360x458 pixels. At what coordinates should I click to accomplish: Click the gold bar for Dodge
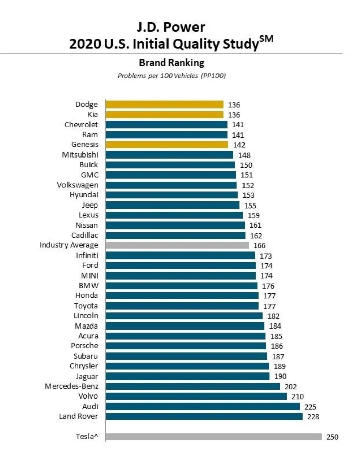click(x=164, y=104)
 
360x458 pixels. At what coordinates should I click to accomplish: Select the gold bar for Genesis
click(x=167, y=145)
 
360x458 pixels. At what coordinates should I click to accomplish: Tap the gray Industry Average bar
click(x=177, y=245)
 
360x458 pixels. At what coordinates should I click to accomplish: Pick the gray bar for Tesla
click(x=213, y=437)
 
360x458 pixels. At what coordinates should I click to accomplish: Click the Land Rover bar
click(x=204, y=416)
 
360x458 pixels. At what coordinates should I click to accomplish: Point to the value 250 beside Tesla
click(x=332, y=437)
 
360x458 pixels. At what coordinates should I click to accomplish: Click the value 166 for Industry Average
click(x=259, y=246)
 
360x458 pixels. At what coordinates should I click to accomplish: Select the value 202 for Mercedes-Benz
click(x=290, y=387)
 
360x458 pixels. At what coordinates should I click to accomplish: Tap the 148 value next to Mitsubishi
click(x=244, y=155)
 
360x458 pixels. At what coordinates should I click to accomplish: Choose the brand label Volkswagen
click(x=77, y=185)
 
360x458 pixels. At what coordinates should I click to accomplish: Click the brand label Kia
click(x=93, y=114)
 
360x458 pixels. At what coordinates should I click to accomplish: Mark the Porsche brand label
click(x=84, y=346)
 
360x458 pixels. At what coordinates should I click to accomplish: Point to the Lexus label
click(x=88, y=215)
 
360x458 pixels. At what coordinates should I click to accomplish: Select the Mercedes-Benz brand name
click(x=72, y=386)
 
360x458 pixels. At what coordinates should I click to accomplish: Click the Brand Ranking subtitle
click(x=172, y=63)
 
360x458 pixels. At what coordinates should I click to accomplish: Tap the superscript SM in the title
click(x=266, y=39)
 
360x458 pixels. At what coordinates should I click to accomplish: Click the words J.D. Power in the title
click(x=171, y=27)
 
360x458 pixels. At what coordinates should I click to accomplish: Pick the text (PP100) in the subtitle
click(x=213, y=76)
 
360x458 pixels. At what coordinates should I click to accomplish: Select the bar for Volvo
click(x=196, y=396)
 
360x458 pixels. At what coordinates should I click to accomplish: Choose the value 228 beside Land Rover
click(x=313, y=417)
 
